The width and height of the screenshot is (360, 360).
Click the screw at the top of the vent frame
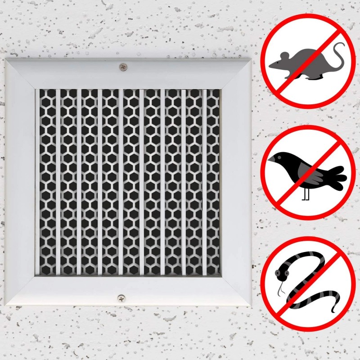pos(122,67)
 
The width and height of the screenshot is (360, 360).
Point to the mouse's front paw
pos(288,76)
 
